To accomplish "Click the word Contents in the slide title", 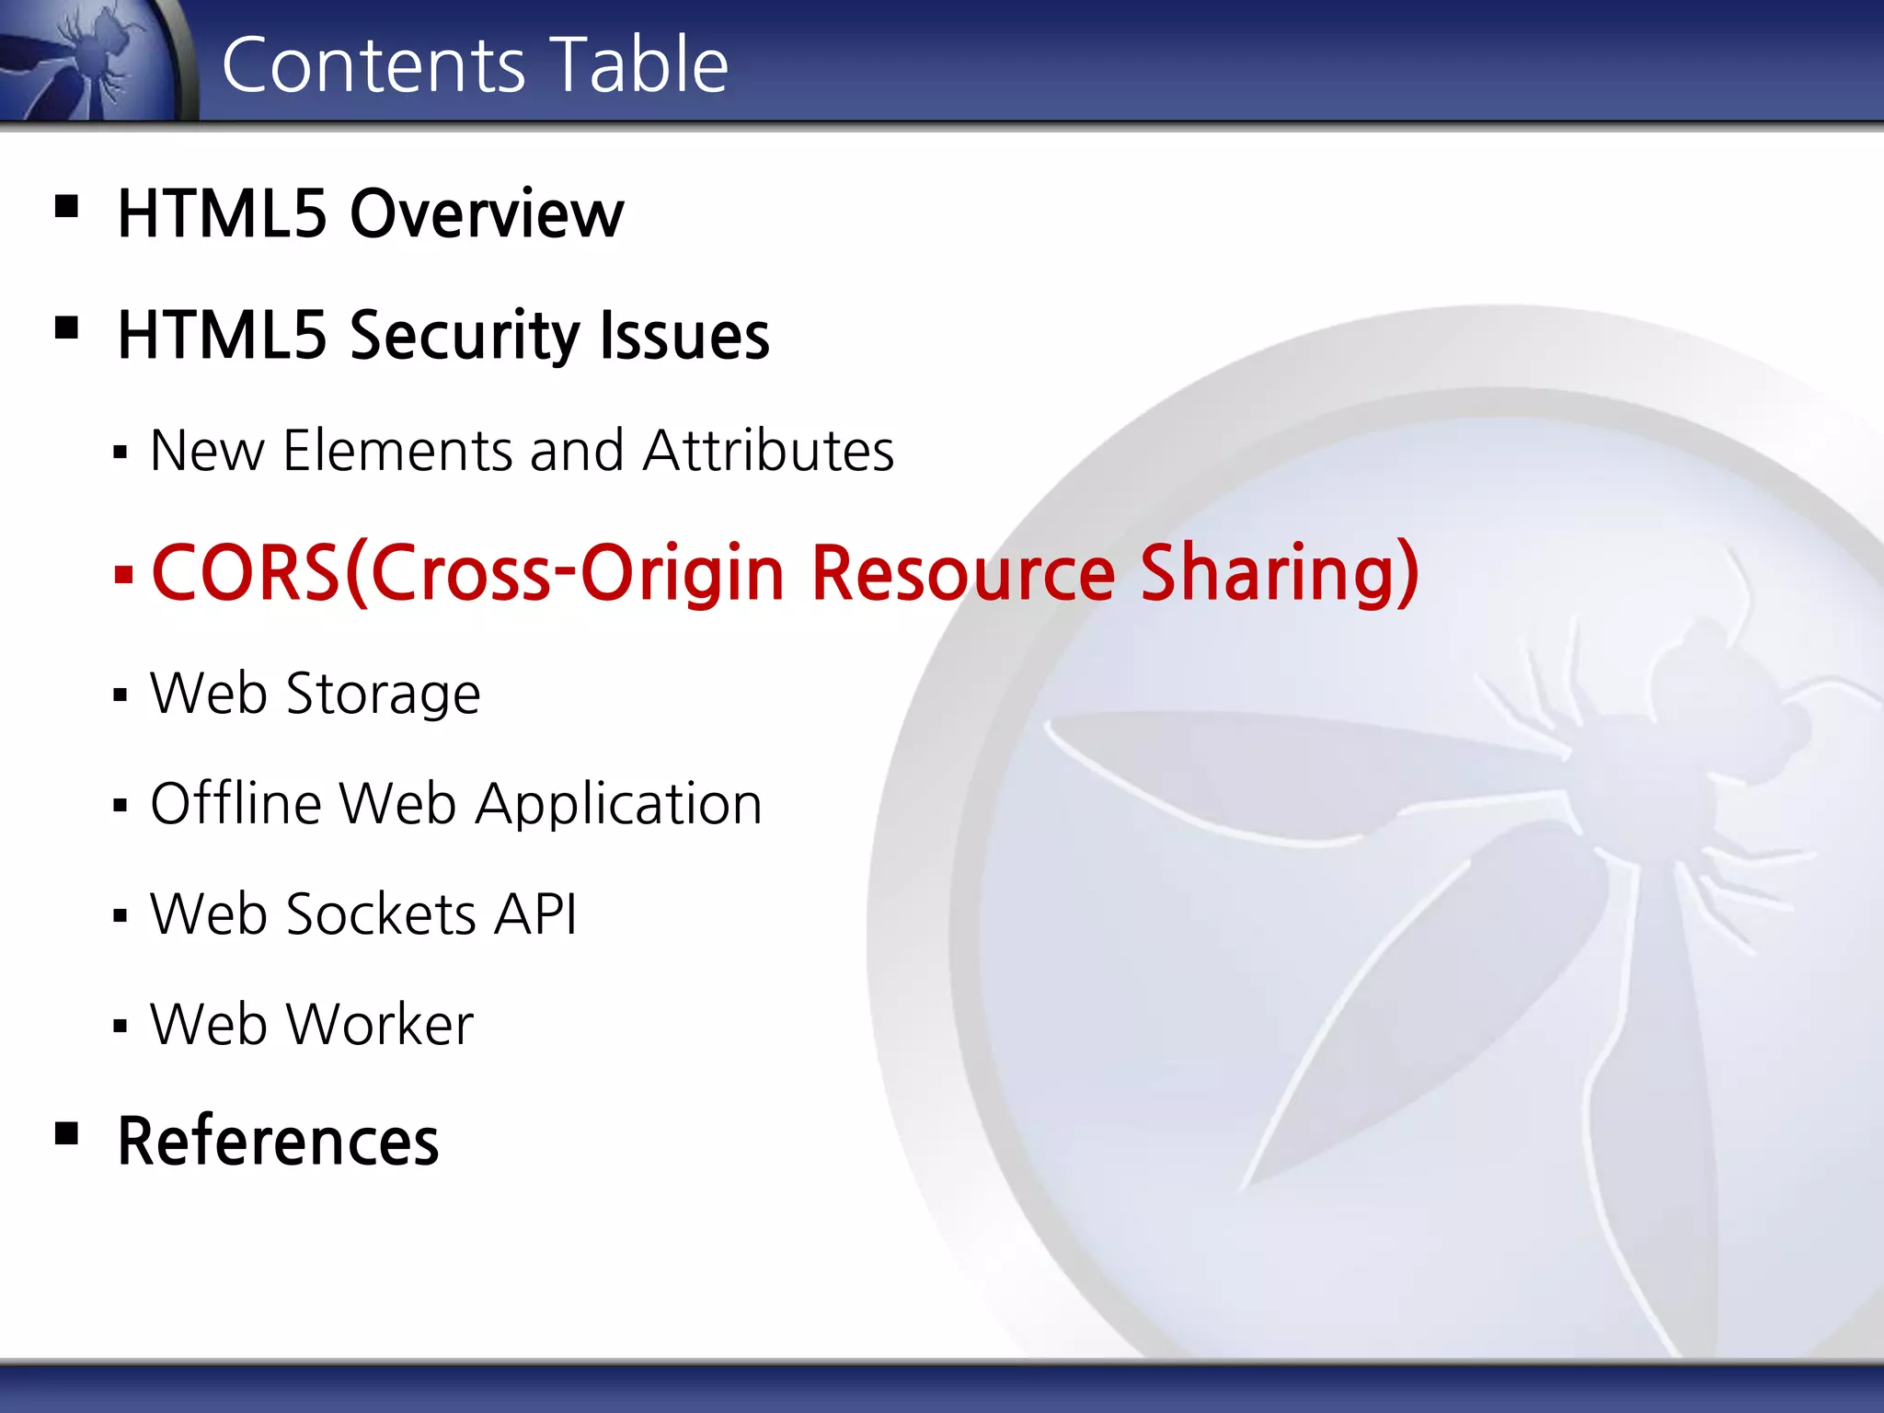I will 373,64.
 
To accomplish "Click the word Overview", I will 487,213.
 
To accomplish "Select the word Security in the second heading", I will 464,336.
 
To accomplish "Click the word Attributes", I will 768,451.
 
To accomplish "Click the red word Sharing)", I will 1280,573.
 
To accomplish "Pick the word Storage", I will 384,694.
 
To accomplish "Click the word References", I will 278,1141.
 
